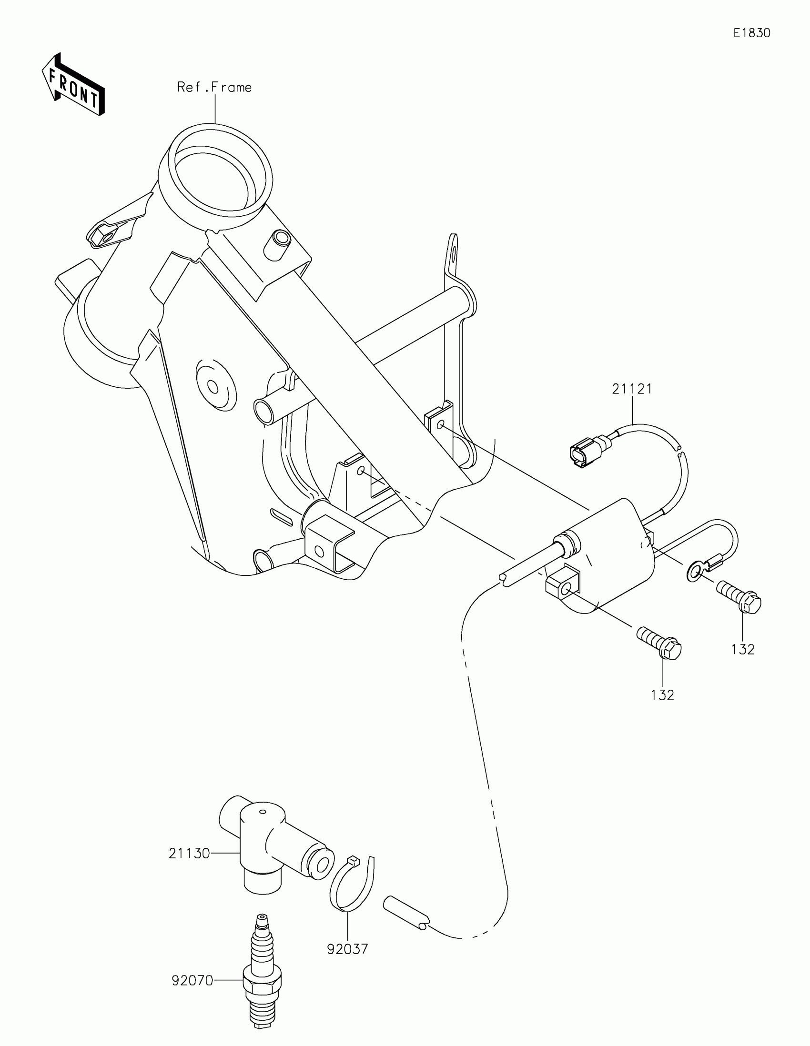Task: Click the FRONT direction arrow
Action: tap(73, 84)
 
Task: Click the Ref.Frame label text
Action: tap(214, 87)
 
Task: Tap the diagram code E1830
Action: tap(751, 33)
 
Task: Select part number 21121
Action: tap(632, 389)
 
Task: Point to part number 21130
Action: tap(189, 854)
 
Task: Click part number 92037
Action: tap(347, 949)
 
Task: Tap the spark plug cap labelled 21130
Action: tap(268, 848)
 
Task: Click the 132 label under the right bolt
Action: tap(742, 649)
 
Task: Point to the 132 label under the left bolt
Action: tap(662, 695)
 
